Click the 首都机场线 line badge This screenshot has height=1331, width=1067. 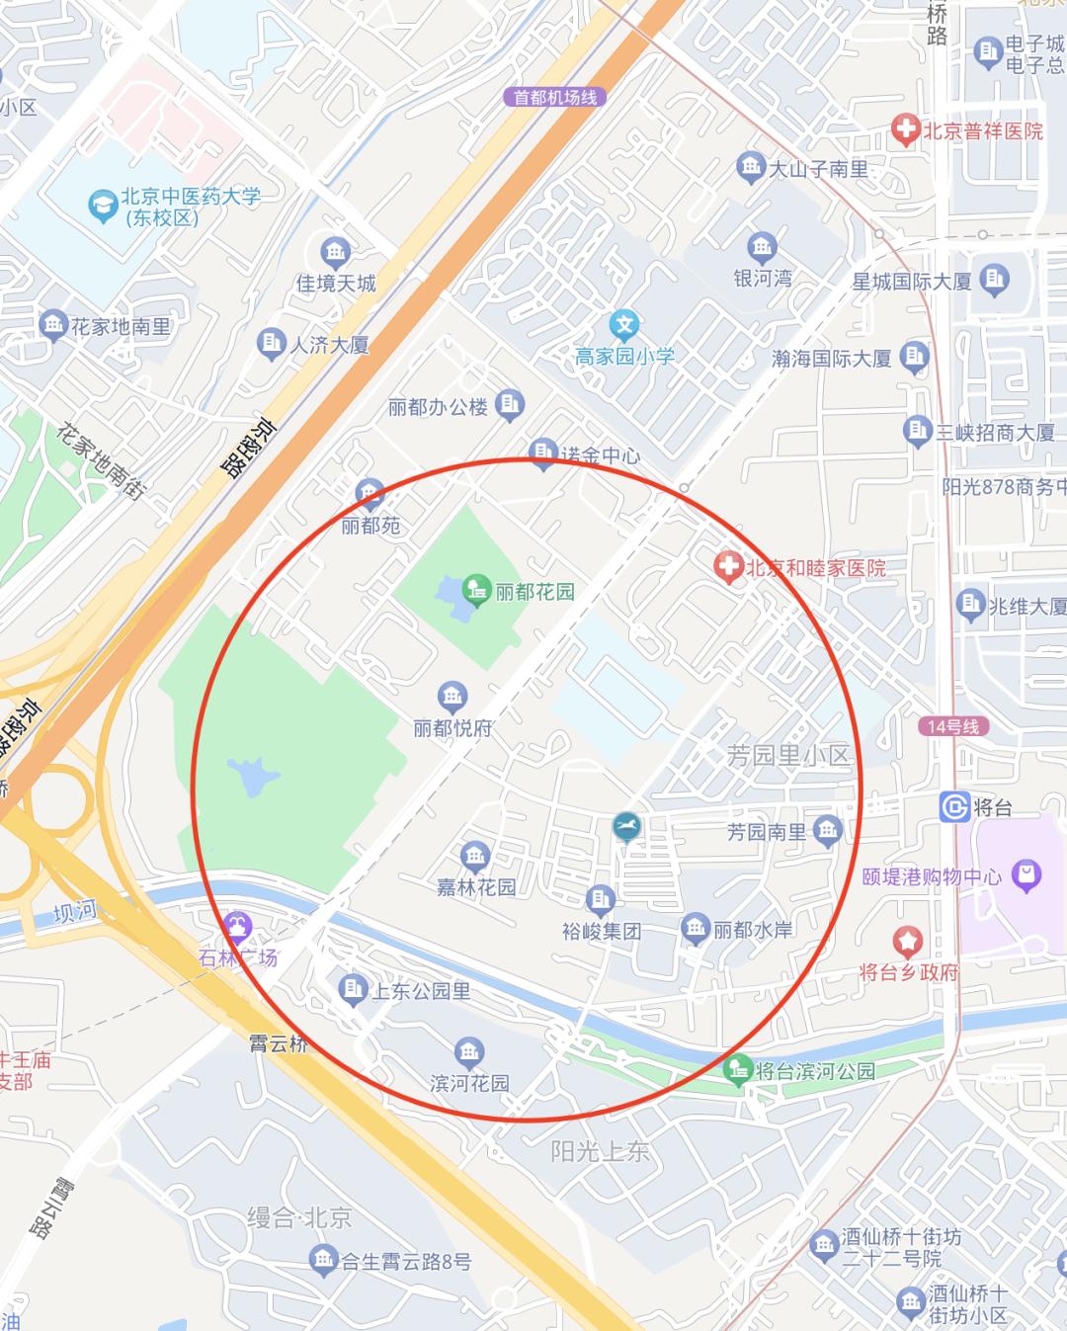(554, 97)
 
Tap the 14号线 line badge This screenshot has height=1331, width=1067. (952, 726)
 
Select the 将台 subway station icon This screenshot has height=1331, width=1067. (954, 806)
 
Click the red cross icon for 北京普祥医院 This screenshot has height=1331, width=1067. (904, 129)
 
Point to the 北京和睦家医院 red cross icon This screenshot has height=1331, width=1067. (728, 567)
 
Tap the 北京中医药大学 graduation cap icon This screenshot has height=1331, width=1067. (102, 205)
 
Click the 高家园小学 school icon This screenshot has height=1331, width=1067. (623, 324)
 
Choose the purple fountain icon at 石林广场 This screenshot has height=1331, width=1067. (237, 927)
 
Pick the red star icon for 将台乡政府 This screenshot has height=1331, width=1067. (907, 941)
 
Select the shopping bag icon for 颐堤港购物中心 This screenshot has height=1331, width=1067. (1026, 874)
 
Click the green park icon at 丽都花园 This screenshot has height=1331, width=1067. (476, 591)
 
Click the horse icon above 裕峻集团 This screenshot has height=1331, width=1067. (625, 826)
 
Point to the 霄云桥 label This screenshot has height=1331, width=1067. (278, 1043)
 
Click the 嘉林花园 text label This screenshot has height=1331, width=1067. (476, 887)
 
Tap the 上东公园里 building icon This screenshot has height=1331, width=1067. (352, 989)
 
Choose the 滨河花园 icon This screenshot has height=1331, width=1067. (469, 1051)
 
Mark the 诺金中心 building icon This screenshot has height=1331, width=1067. (542, 453)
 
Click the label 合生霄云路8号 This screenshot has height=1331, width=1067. (405, 1261)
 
